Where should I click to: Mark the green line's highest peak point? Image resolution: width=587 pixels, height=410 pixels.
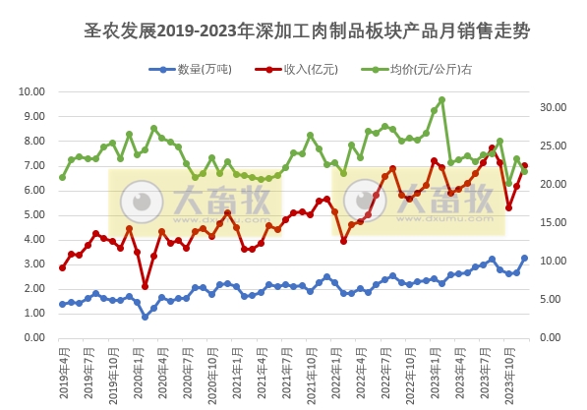pos(441,99)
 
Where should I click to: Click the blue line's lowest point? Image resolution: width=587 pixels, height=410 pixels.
pos(145,317)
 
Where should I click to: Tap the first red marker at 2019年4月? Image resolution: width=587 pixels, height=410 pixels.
pos(62,267)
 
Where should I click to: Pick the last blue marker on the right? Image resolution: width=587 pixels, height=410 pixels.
pos(524,259)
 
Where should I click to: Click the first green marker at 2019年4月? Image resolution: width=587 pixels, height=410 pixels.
pos(62,177)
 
